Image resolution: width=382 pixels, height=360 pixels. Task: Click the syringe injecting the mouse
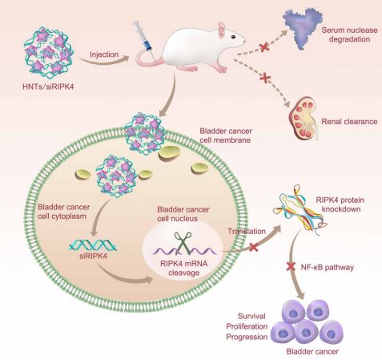[143, 38]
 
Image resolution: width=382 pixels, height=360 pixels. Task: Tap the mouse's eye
[233, 37]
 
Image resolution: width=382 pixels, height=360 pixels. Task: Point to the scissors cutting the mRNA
[183, 243]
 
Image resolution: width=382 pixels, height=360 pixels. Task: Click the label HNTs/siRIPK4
[48, 87]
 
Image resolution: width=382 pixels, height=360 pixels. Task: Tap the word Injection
[104, 55]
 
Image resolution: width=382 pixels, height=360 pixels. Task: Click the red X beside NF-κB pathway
[291, 266]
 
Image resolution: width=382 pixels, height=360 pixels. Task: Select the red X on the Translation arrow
[253, 248]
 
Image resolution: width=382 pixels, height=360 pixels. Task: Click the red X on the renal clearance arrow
[265, 78]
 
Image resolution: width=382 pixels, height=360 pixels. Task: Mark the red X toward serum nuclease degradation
[264, 48]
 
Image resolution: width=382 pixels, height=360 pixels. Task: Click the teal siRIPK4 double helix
[93, 245]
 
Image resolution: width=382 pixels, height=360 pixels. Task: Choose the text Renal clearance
[349, 122]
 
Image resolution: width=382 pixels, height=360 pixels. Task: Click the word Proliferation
[247, 326]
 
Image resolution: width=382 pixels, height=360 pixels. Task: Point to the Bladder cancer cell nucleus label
[183, 214]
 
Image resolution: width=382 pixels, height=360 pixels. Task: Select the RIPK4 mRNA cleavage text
[183, 268]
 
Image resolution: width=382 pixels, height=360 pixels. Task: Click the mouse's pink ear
[222, 30]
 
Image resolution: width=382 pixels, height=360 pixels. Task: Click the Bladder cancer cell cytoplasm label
[63, 212]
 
